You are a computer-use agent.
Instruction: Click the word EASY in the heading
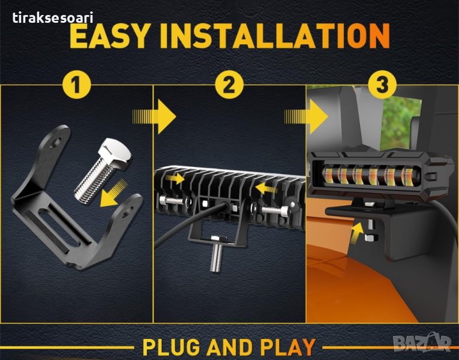(109, 36)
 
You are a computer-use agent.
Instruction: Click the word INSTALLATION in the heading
(275, 36)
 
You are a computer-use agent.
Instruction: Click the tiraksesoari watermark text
(53, 18)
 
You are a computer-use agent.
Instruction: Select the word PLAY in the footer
(288, 347)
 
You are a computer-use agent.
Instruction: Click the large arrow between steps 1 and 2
(154, 116)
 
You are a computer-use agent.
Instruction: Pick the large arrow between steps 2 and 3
(306, 116)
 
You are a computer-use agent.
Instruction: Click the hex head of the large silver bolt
(115, 153)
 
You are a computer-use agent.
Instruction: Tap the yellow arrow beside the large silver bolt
(113, 194)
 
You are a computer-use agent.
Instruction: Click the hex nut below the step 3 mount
(371, 238)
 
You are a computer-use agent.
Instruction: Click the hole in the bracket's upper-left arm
(56, 143)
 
